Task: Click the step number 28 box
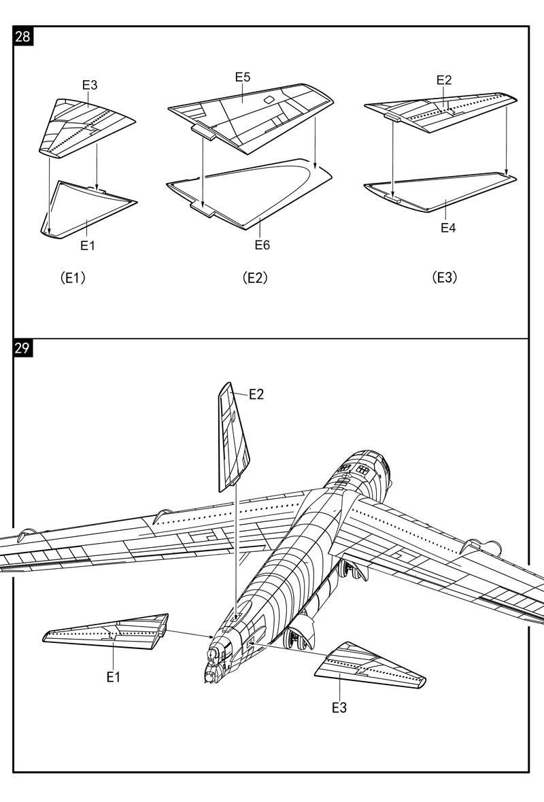click(22, 36)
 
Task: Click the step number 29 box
click(22, 349)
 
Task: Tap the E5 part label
click(243, 77)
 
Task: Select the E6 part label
click(262, 245)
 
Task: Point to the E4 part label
click(448, 228)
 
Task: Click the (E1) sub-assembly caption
click(73, 277)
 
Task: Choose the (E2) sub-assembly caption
click(255, 277)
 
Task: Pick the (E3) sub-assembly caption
click(445, 277)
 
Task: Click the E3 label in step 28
click(90, 85)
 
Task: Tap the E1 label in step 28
click(88, 245)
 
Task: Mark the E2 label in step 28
click(443, 80)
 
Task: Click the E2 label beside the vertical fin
click(256, 394)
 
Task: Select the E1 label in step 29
click(113, 677)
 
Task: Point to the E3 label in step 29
click(339, 708)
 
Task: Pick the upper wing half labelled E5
click(252, 112)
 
